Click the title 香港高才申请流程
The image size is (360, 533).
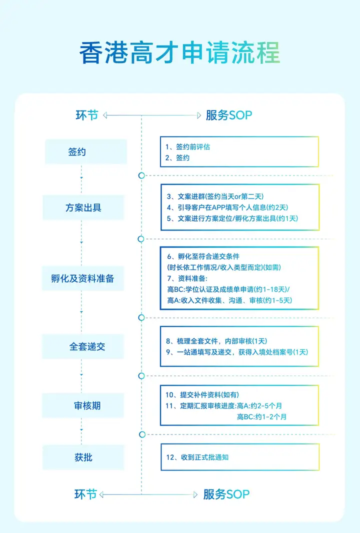179,53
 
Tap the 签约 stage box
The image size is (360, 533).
86,151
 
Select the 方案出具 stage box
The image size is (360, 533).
83,207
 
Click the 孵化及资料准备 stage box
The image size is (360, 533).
83,278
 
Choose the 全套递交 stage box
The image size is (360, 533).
83,346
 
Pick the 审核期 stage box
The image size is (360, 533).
83,405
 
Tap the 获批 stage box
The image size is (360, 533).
83,457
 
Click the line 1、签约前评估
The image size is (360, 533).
187,147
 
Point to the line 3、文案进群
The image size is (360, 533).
215,196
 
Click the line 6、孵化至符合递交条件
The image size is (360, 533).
203,256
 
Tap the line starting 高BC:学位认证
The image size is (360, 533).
228,289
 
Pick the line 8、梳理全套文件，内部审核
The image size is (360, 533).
216,341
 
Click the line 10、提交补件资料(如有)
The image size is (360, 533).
202,394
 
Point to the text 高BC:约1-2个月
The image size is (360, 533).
262,416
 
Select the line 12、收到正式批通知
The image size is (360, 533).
197,457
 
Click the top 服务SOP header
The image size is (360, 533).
229,115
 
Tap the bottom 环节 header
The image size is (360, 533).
86,494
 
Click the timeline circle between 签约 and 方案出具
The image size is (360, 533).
141,175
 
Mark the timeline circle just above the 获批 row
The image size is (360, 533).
142,434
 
